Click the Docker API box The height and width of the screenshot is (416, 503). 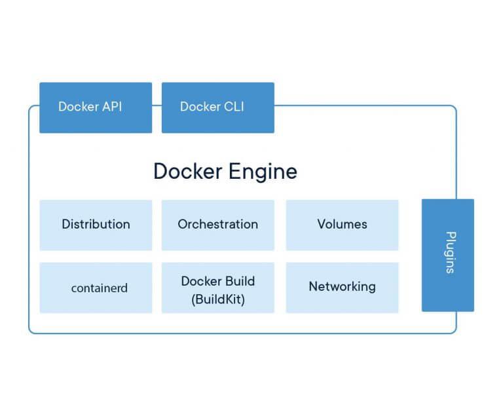[x=96, y=107]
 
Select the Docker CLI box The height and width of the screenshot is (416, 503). [x=217, y=107]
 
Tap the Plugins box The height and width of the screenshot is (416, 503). [x=447, y=255]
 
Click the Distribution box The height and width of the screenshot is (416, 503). [x=96, y=225]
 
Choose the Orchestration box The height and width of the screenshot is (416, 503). [x=217, y=225]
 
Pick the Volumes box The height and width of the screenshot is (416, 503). [x=342, y=225]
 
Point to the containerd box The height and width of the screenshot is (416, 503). [x=96, y=288]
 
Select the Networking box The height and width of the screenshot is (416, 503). [x=342, y=288]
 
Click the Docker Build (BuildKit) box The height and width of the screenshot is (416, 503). [x=217, y=288]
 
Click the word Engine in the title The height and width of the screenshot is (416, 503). [x=262, y=172]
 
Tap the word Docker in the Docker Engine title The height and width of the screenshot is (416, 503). [x=187, y=171]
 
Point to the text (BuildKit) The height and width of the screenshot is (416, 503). [x=218, y=299]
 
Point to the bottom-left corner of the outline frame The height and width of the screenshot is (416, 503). [x=31, y=331]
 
